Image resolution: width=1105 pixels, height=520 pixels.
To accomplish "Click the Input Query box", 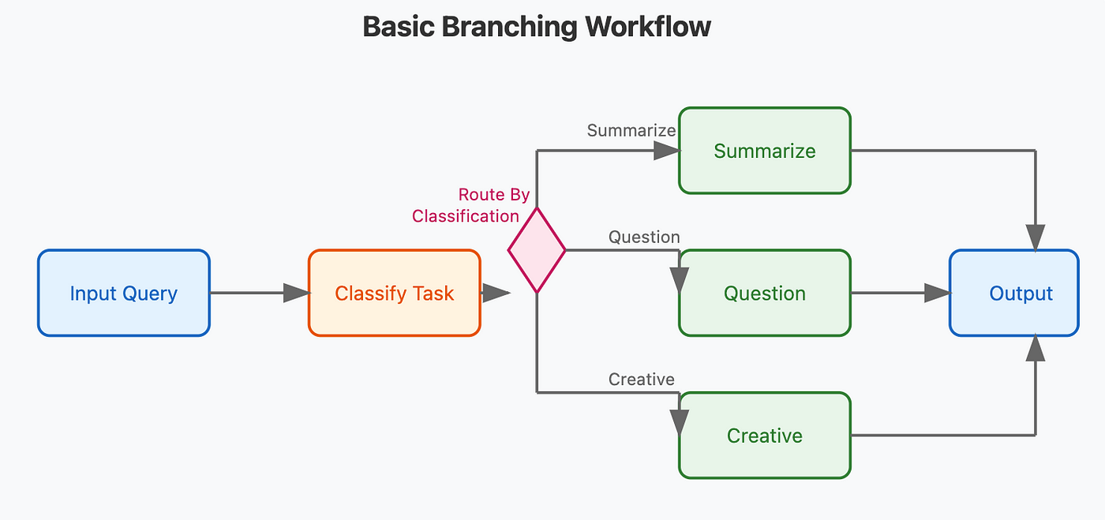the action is point(124,293).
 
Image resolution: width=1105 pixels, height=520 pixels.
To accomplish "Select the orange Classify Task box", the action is point(394,293).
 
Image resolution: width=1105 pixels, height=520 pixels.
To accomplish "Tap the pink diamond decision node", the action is point(537,250).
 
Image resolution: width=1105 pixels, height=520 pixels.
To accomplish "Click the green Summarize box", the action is point(765,151).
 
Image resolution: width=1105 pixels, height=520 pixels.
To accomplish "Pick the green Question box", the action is point(765,293).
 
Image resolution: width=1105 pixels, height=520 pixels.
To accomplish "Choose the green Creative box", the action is point(765,435).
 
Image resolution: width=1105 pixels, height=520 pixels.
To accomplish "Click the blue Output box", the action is point(1014,293).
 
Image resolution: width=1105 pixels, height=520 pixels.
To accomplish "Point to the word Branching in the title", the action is point(509,27).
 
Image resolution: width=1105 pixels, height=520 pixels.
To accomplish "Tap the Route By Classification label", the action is point(470,205).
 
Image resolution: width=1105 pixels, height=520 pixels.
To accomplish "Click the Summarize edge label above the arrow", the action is point(631,130).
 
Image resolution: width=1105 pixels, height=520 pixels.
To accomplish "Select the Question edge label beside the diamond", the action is point(644,238).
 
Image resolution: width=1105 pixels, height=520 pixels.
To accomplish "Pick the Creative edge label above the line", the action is point(641,380).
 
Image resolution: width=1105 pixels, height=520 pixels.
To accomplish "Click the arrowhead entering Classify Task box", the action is point(297,293).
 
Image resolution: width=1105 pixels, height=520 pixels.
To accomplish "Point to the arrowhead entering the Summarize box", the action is point(667,151).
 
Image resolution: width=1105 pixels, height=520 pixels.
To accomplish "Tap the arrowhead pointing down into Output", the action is point(1036,238).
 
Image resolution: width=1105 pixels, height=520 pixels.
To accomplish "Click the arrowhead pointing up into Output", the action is point(1036,348).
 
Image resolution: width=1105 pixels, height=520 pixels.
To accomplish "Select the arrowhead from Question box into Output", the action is point(938,293).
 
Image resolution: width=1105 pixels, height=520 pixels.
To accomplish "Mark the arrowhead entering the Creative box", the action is point(680,423).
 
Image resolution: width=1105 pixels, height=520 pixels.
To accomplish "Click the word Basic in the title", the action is point(399,27).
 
